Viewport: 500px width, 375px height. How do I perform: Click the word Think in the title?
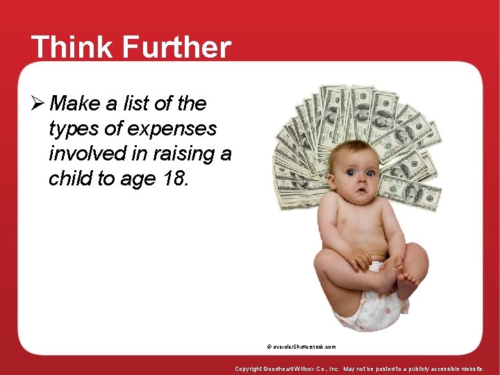click(x=68, y=48)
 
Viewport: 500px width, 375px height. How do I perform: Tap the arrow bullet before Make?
click(x=40, y=104)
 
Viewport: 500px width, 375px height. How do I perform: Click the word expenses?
click(x=178, y=129)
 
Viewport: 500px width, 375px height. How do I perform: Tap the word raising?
click(x=185, y=153)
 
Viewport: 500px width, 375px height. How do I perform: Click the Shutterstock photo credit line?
click(x=300, y=346)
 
